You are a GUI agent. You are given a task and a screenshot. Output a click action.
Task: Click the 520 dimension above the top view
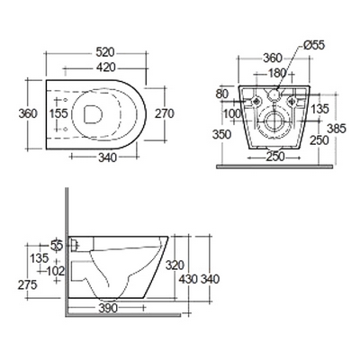point(105,52)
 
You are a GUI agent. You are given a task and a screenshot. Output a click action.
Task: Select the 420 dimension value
point(105,67)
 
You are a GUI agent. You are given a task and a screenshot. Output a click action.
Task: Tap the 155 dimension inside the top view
point(58,113)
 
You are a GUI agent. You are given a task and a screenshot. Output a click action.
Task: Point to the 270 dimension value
point(165,113)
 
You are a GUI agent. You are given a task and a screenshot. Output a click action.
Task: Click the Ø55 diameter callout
point(314,45)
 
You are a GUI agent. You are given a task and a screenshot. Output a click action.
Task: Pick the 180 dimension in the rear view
point(276,73)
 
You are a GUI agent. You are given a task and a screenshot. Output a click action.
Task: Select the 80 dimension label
point(222,94)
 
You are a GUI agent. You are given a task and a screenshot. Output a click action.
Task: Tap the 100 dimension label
point(231,113)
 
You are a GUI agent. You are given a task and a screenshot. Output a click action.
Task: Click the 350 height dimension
point(222,134)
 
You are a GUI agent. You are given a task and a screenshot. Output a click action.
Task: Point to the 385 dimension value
point(337,129)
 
